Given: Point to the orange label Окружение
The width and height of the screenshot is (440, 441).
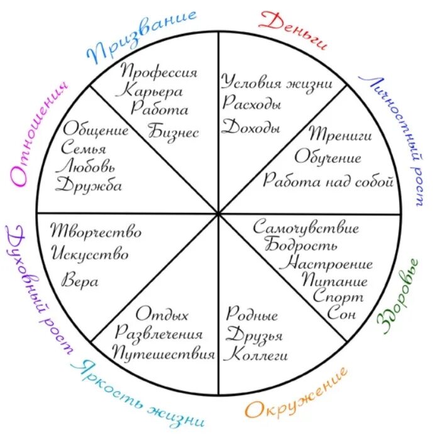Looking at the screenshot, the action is [x=296, y=393].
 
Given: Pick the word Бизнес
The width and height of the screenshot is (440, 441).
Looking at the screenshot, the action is [x=173, y=131].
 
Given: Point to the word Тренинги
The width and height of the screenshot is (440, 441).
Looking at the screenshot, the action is [x=340, y=134].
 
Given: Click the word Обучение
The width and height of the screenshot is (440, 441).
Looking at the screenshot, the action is [x=327, y=157].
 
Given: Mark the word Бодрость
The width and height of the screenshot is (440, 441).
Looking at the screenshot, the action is [x=300, y=245].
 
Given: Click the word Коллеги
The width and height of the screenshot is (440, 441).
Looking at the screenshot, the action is [x=256, y=354].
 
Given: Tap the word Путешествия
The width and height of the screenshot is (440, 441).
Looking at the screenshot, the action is [x=163, y=354].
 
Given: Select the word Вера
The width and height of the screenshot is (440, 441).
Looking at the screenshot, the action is [x=79, y=281].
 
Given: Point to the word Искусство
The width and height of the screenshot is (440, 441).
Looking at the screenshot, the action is [x=91, y=255].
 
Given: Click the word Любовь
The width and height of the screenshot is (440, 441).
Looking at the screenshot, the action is [x=85, y=167].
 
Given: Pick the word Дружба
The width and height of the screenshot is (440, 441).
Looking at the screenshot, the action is [x=89, y=186].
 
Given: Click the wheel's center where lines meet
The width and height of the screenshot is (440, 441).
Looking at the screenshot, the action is [x=219, y=214].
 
